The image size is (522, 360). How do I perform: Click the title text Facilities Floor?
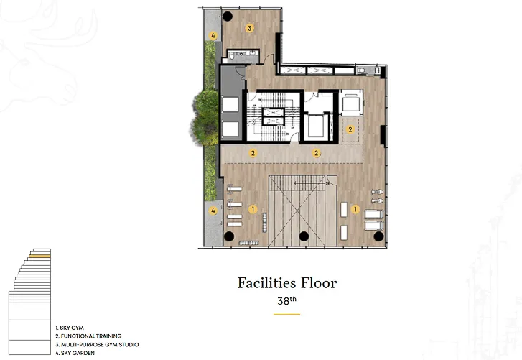[x=287, y=283]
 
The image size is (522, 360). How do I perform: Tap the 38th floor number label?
[x=286, y=301]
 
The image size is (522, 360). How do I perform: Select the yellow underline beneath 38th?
[x=286, y=314]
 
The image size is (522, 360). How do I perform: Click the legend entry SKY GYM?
[x=70, y=328]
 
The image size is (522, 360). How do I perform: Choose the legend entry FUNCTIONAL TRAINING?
[x=88, y=336]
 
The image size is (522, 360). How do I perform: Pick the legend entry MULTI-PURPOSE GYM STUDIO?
[x=97, y=344]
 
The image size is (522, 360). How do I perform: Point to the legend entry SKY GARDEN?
[x=75, y=353]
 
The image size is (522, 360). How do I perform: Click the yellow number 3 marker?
[x=250, y=28]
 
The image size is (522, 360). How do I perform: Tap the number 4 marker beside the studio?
[x=213, y=36]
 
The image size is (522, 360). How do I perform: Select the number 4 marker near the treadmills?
[x=213, y=211]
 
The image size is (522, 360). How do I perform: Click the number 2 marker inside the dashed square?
[x=350, y=129]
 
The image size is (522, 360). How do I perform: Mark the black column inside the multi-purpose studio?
[x=228, y=16]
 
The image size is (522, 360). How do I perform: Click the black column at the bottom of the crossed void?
[x=304, y=236]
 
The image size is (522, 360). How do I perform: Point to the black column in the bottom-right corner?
[x=378, y=236]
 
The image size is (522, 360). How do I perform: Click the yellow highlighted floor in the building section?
[x=39, y=256]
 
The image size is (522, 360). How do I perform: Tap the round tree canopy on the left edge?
[x=205, y=117]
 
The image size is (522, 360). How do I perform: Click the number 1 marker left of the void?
[x=253, y=209]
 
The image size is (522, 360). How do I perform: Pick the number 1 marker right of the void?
[x=355, y=209]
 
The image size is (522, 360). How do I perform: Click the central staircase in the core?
[x=274, y=116]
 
